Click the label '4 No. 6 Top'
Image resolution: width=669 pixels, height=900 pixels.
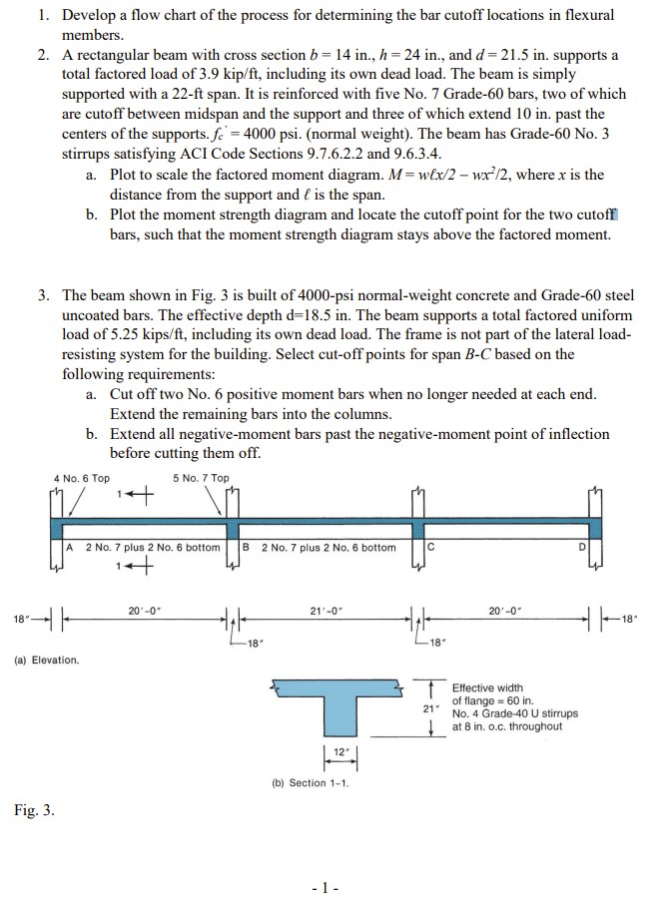(82, 478)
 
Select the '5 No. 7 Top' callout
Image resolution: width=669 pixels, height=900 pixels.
(201, 478)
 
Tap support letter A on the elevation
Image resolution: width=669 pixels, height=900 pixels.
(70, 547)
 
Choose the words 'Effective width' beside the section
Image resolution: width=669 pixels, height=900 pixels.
(487, 687)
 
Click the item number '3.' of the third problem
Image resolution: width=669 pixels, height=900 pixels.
(46, 295)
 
